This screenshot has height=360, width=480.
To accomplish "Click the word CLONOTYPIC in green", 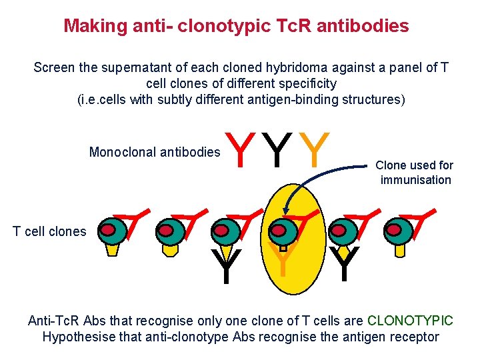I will click(410, 321).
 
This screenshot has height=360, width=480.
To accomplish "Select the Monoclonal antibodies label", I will click(154, 152).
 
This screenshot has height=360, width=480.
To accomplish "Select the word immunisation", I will click(415, 180).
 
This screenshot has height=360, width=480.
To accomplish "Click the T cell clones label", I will click(50, 232).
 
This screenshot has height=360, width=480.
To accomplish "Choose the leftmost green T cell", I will click(115, 231).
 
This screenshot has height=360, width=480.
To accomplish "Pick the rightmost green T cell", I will click(399, 231).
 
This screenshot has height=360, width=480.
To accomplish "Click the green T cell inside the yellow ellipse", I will click(283, 231).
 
